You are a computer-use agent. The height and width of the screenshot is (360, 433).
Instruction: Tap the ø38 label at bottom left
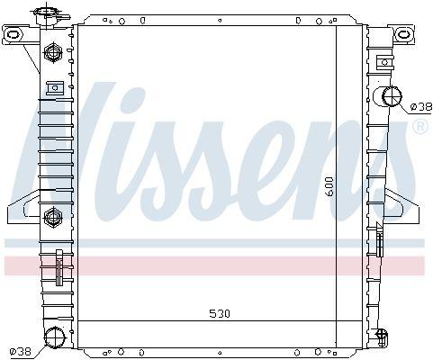19,350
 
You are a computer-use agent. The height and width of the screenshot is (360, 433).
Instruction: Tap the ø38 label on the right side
419,106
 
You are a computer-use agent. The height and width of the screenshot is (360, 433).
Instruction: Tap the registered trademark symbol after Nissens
419,129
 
